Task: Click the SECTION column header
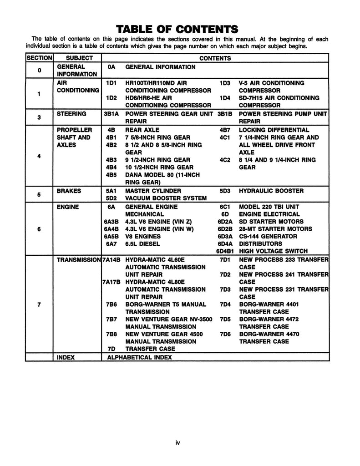[40, 58]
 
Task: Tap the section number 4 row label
[39, 156]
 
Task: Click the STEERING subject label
[71, 114]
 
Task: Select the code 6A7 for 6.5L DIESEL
[112, 243]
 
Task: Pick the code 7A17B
[112, 282]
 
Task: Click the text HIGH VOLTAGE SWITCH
[273, 251]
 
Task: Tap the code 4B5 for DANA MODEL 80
[112, 175]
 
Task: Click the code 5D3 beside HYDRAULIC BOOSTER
[225, 191]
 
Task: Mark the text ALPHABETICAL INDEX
[139, 357]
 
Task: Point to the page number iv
[178, 442]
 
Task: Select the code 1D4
[225, 98]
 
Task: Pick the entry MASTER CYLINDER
[153, 191]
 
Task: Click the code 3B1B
[226, 114]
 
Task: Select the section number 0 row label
[39, 71]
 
